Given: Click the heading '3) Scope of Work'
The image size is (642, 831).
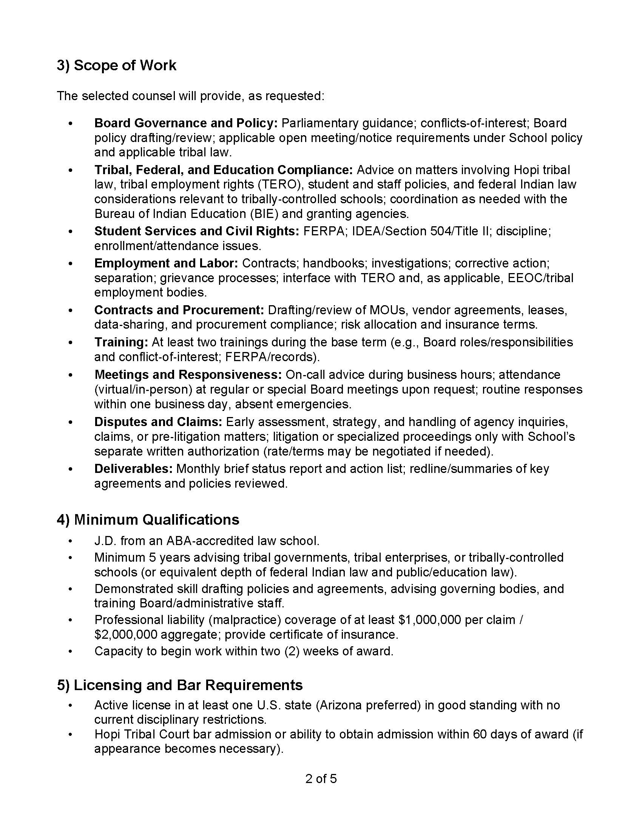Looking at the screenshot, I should pyautogui.click(x=116, y=65).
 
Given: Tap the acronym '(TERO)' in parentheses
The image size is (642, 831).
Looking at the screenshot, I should pyautogui.click(x=280, y=185).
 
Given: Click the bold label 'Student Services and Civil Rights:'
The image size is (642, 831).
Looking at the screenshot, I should pyautogui.click(x=197, y=231).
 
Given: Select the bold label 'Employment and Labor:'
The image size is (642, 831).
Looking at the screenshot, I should pyautogui.click(x=166, y=263).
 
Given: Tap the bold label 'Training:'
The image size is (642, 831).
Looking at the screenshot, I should pyautogui.click(x=121, y=342).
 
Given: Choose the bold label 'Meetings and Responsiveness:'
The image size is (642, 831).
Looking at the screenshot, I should pyautogui.click(x=188, y=375).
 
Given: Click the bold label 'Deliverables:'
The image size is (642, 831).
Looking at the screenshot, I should pyautogui.click(x=133, y=469).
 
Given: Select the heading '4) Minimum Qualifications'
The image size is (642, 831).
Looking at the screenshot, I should pyautogui.click(x=148, y=520).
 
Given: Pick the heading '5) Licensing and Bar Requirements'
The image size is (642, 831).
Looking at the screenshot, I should pyautogui.click(x=180, y=685).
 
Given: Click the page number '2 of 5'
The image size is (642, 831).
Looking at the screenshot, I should pyautogui.click(x=321, y=779).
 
